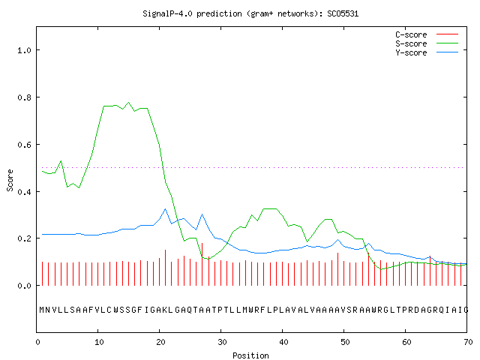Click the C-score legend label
(411, 34)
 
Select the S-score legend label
(411, 43)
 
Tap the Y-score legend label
(411, 52)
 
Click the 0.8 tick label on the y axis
(24, 97)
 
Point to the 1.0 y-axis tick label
(24, 50)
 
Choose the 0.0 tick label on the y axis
(24, 286)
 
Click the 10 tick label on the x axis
(99, 342)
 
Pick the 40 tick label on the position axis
(283, 342)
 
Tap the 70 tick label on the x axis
(468, 342)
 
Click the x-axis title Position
(250, 355)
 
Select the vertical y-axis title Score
(10, 180)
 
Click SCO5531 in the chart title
(343, 13)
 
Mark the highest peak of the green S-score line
(128, 103)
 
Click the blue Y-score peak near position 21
(165, 209)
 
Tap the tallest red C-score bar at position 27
(202, 264)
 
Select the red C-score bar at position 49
(337, 269)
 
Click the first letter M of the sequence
(42, 310)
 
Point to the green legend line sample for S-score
(447, 43)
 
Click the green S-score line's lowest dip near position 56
(381, 269)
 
